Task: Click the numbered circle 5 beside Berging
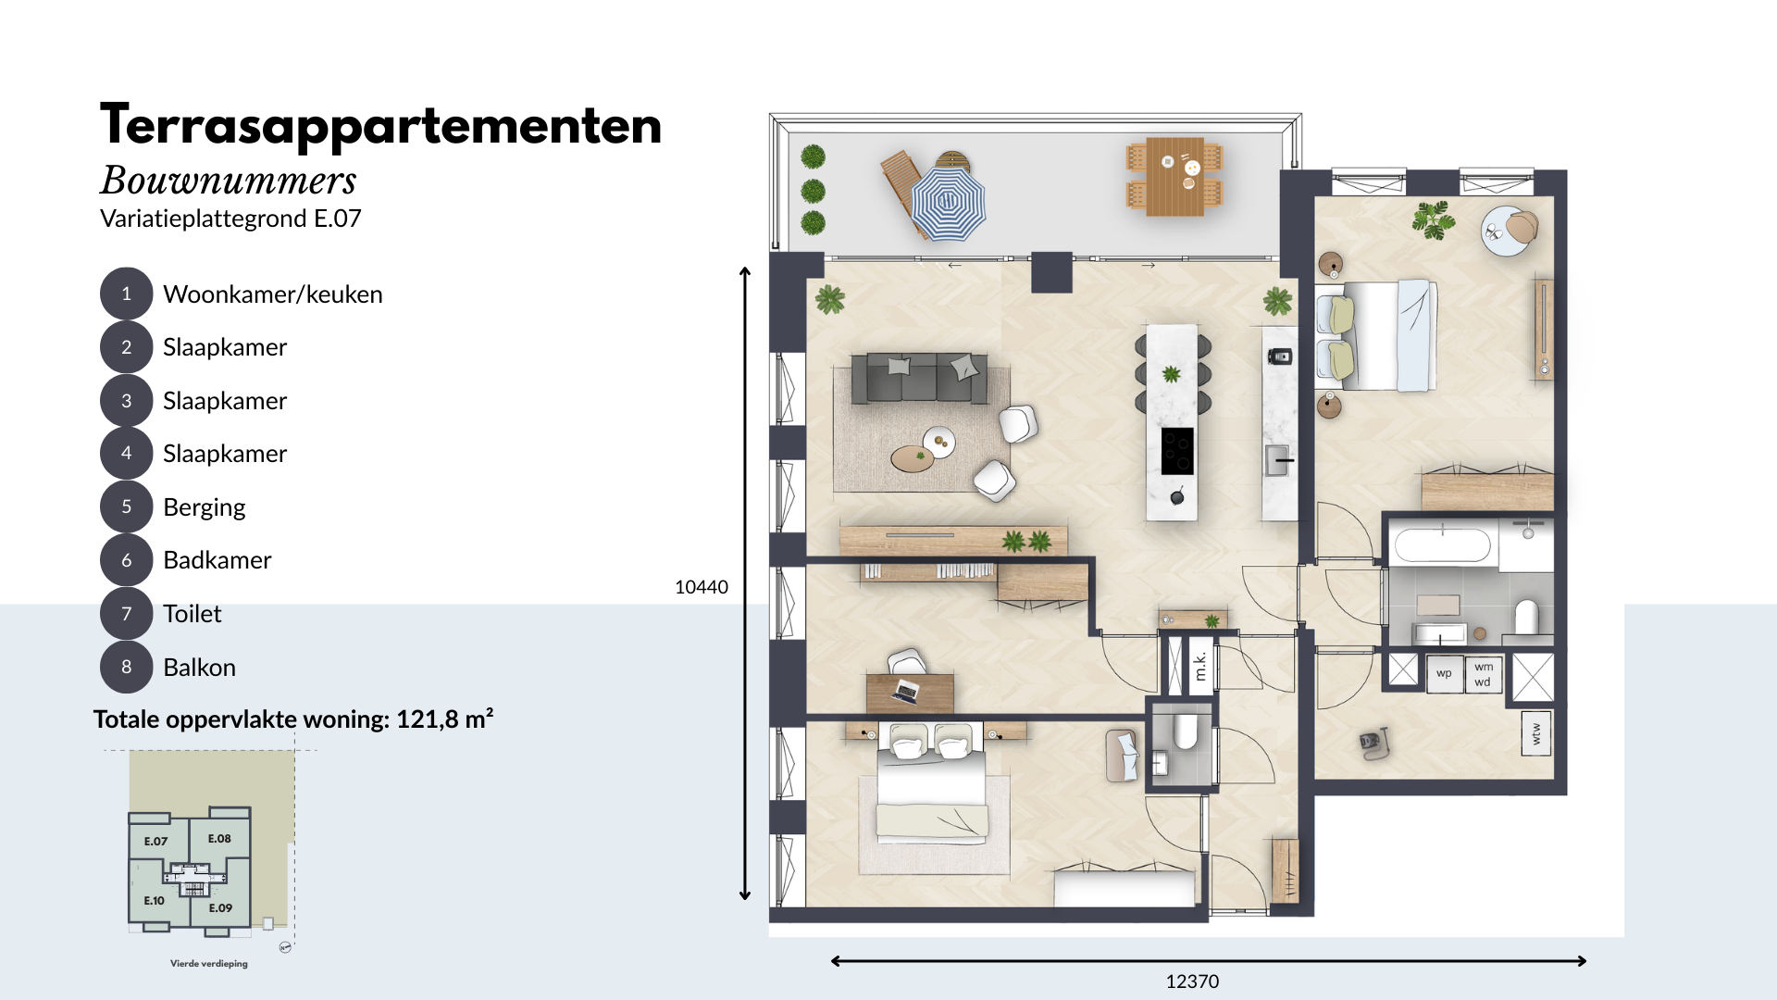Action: coord(127,506)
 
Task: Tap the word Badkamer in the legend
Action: coord(217,560)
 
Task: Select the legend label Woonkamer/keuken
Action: coord(273,294)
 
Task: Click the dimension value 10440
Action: coord(702,587)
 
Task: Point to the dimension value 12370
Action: coord(1192,981)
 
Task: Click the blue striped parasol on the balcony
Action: coord(948,202)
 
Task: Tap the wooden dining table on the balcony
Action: coord(1175,176)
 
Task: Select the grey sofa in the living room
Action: coord(919,378)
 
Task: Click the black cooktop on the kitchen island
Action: coord(1177,451)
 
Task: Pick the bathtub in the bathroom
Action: coord(1442,545)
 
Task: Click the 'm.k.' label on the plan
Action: coord(1200,665)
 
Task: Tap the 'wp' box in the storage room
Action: coord(1445,673)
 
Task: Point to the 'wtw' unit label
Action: coord(1536,733)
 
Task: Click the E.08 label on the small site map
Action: coord(219,839)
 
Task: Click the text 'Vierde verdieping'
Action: coord(209,964)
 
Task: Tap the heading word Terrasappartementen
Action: coord(381,127)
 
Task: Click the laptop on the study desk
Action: coord(905,691)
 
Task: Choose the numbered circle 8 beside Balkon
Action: coord(127,667)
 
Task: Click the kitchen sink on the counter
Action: coord(1278,460)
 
